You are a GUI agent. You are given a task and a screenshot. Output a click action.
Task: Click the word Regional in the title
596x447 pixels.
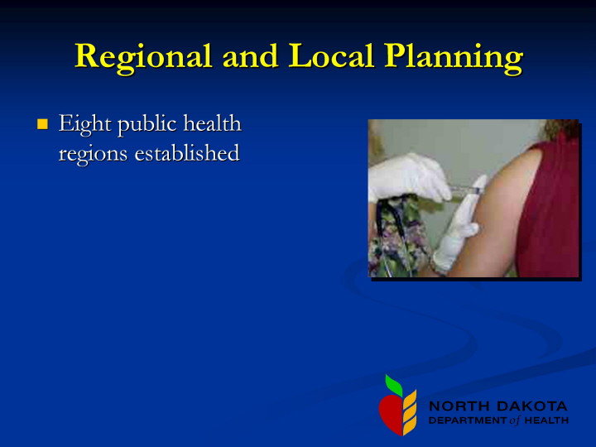[x=143, y=58]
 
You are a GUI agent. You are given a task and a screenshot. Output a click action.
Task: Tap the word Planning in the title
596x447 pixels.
[x=454, y=58]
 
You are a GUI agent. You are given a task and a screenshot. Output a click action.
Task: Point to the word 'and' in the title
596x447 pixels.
[x=250, y=55]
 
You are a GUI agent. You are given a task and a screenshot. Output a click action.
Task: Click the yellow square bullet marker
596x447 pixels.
[x=42, y=124]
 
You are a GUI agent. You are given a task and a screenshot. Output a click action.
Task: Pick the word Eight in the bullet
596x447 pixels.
[x=84, y=124]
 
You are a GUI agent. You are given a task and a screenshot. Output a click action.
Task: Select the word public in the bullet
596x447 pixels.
[x=147, y=124]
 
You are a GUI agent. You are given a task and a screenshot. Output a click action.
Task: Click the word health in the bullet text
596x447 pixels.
[x=213, y=123]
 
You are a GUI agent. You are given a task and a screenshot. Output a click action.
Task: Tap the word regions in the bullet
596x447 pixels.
[x=93, y=154]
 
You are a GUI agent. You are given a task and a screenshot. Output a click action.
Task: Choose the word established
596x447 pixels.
[x=187, y=152]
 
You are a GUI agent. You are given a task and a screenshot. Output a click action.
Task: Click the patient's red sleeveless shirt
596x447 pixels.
[x=552, y=209]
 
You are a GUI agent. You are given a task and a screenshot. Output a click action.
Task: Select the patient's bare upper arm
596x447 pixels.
[x=498, y=213]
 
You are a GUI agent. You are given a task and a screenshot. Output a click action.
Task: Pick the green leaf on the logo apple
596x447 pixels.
[x=394, y=384]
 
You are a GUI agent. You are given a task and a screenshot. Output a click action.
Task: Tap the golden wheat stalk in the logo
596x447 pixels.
[x=410, y=412]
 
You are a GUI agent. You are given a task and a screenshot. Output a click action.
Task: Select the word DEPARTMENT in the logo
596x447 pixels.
[x=468, y=421]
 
